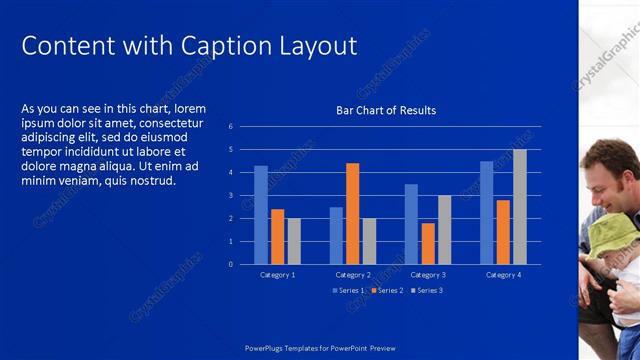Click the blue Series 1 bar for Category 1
click(261, 215)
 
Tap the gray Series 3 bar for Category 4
click(519, 207)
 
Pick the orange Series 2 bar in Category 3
click(428, 243)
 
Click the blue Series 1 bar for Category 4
click(486, 212)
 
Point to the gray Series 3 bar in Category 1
click(293, 241)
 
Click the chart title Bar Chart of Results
click(386, 110)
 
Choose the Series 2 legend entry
click(386, 290)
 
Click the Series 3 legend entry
click(426, 290)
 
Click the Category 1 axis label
click(277, 274)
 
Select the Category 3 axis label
click(428, 274)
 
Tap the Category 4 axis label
click(503, 274)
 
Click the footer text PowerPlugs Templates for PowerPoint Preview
click(320, 348)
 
